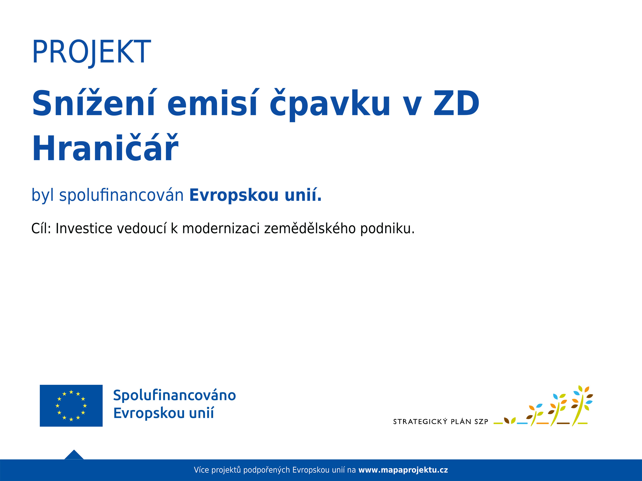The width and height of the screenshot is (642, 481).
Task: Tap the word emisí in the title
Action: point(212,103)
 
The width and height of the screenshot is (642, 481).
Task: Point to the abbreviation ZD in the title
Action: point(456,103)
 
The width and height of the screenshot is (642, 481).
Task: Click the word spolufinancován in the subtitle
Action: point(121,195)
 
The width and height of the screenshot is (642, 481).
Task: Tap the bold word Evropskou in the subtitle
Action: point(234,195)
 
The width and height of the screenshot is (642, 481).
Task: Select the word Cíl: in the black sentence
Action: point(41,228)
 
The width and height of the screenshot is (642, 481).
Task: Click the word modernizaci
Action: point(221,228)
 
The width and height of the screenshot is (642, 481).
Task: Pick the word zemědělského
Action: point(310,228)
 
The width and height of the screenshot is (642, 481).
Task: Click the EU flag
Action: point(71,406)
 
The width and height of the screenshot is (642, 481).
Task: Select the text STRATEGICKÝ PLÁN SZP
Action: point(441,422)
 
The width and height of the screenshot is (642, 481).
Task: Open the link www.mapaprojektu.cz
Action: point(403,470)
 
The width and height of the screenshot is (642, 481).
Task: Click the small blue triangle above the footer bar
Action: point(74,455)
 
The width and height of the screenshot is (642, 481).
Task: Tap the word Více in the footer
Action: point(201,470)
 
